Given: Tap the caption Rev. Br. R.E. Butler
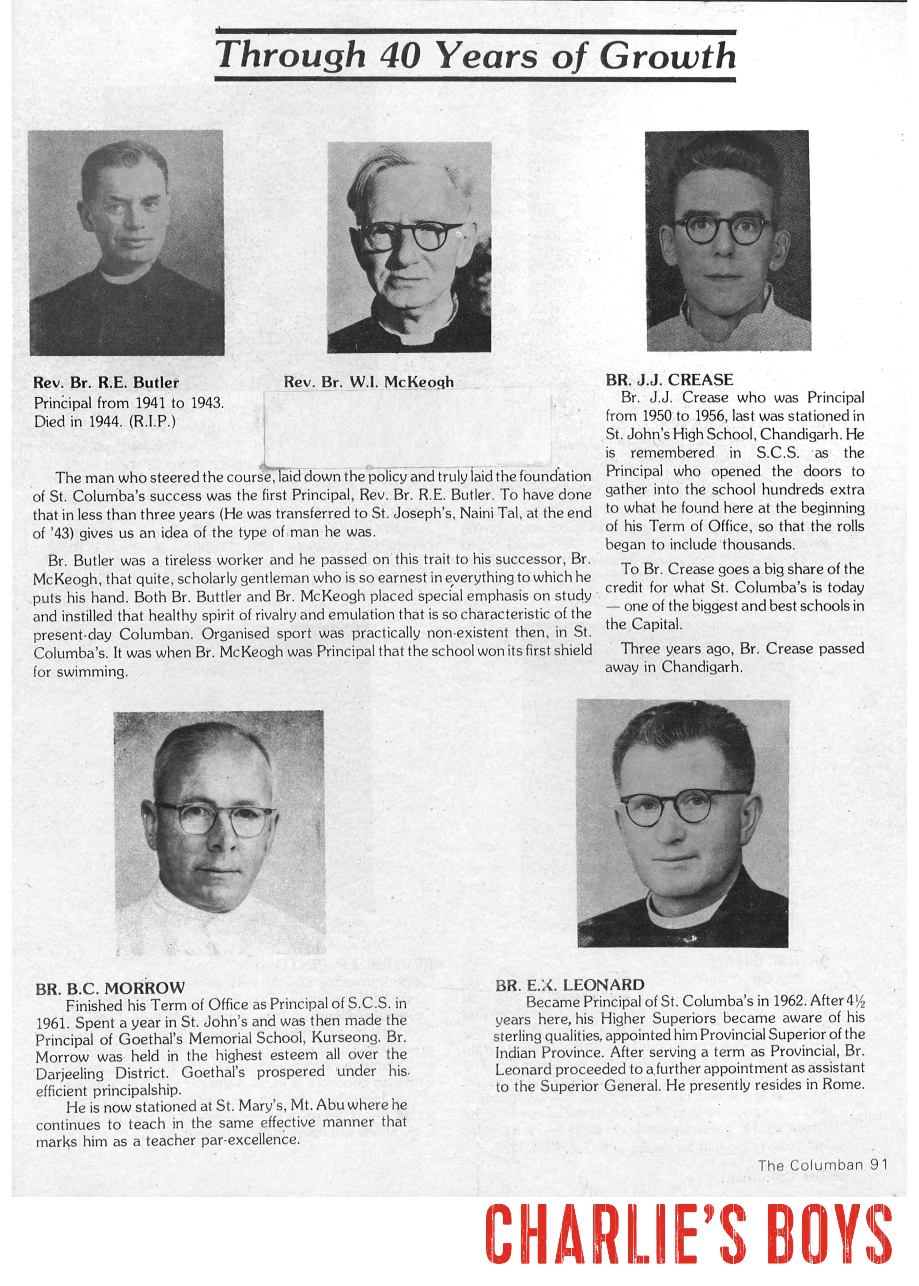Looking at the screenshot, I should point(106,383).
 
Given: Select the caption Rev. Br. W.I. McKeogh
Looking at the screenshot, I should point(369,382).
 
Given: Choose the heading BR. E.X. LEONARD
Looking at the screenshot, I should point(570,985).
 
